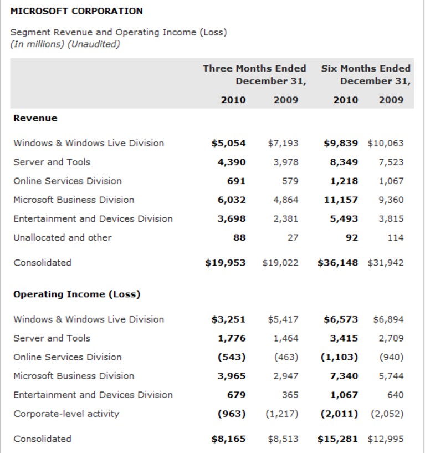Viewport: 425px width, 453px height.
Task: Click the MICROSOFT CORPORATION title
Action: pos(76,11)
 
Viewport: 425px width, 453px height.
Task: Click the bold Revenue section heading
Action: pos(35,118)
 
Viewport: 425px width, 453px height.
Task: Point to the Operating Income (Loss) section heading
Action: pos(77,294)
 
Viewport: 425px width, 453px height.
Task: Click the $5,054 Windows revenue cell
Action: pos(228,143)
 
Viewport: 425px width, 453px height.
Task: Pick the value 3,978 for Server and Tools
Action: pos(286,162)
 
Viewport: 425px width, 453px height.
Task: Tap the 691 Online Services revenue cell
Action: pos(236,181)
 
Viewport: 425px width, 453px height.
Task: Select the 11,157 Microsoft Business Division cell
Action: pos(341,200)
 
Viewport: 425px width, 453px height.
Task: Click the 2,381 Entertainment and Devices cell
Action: pos(286,218)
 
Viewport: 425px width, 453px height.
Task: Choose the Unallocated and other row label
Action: pos(63,237)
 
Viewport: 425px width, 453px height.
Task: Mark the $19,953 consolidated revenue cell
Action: pos(225,263)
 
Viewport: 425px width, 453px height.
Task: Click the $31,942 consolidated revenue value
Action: pos(386,263)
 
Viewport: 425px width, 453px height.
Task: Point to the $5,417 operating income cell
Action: pos(283,319)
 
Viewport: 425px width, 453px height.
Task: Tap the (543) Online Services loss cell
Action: pos(232,357)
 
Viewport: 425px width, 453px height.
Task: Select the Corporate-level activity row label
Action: pos(66,414)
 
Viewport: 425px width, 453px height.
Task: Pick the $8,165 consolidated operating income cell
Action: pos(228,439)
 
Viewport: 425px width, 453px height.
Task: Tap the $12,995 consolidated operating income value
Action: pos(386,439)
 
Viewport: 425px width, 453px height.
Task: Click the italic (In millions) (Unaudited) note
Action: pos(65,44)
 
